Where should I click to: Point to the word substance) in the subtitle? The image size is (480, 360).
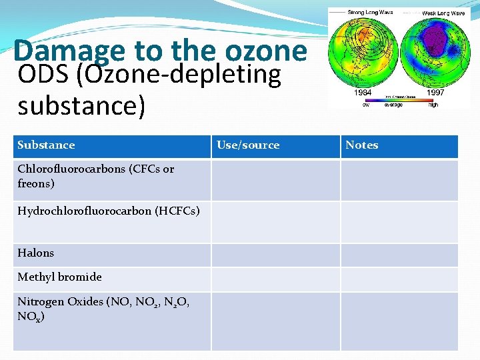[81, 105]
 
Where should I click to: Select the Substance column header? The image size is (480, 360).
[46, 145]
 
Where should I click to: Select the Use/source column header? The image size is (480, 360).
[248, 145]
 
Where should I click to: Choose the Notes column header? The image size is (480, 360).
[361, 145]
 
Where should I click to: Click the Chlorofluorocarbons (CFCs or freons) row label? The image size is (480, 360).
[95, 176]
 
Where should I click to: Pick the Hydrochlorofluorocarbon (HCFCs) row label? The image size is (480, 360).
[108, 211]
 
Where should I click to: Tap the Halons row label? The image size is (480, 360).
[36, 253]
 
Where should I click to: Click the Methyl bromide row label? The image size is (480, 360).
[59, 277]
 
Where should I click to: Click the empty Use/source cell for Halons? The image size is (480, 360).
[276, 255]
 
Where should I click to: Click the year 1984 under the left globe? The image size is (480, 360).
[363, 93]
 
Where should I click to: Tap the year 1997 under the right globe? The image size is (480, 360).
[435, 93]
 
